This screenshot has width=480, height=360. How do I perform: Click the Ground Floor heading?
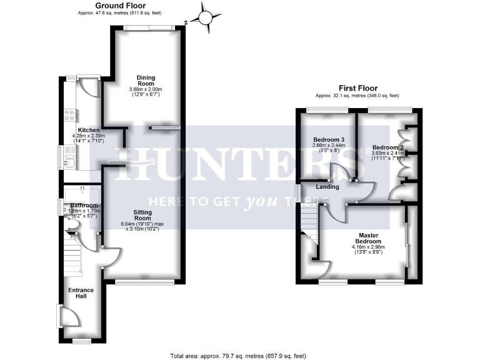pyautogui.click(x=120, y=5)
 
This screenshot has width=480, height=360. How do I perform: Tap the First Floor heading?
pyautogui.click(x=358, y=88)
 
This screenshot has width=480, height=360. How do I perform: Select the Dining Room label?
pyautogui.click(x=146, y=81)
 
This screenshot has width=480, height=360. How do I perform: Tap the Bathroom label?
pyautogui.click(x=84, y=205)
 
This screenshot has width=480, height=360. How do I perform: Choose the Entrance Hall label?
pyautogui.click(x=81, y=292)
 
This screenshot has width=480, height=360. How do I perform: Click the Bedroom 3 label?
pyautogui.click(x=328, y=139)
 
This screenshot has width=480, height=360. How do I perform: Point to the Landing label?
pyautogui.click(x=327, y=186)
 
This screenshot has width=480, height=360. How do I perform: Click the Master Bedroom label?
pyautogui.click(x=368, y=238)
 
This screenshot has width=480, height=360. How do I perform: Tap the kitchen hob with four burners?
pyautogui.click(x=69, y=116)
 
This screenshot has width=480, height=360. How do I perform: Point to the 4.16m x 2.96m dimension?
pyautogui.click(x=368, y=247)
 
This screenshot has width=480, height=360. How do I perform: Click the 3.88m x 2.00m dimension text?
pyautogui.click(x=146, y=89)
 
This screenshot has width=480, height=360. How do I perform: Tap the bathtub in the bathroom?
pyautogui.click(x=81, y=189)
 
